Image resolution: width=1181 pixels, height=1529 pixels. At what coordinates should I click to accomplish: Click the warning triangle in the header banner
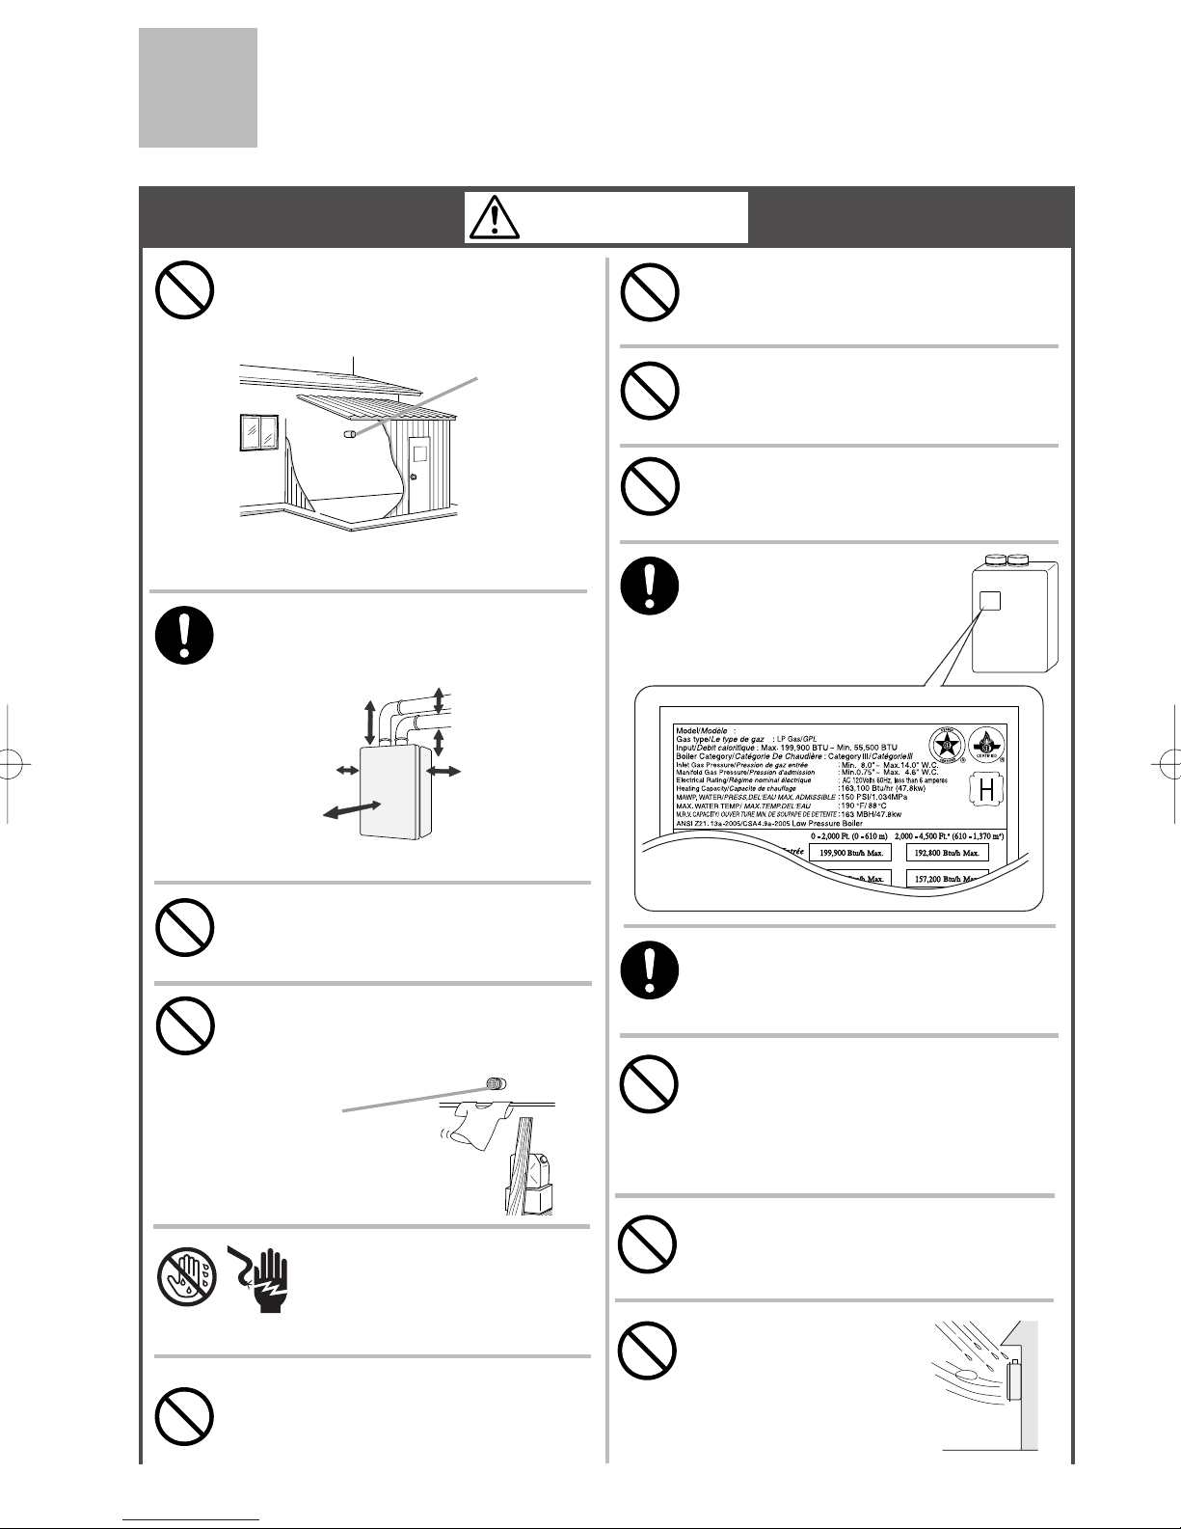click(494, 217)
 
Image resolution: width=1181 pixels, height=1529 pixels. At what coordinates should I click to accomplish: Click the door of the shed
click(419, 473)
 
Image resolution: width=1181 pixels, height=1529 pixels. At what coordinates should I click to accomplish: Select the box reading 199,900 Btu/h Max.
click(849, 853)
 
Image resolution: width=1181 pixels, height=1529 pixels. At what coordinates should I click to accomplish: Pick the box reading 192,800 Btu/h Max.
click(948, 853)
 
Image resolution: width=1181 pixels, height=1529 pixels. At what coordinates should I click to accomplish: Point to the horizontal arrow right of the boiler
click(443, 770)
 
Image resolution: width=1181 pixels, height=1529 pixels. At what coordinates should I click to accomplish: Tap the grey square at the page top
click(198, 87)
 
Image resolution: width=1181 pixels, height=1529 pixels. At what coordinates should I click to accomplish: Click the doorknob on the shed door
click(412, 478)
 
